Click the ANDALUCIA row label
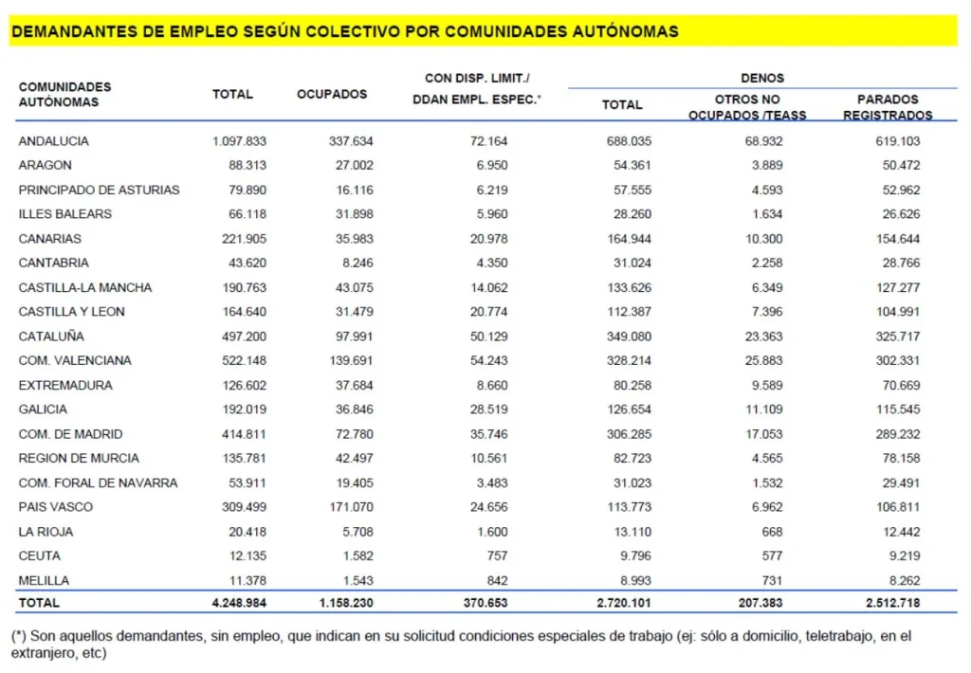click(x=54, y=141)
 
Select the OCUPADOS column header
click(x=332, y=94)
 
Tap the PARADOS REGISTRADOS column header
click(x=888, y=107)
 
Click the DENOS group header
click(x=762, y=78)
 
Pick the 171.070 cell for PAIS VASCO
click(x=349, y=507)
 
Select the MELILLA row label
click(x=45, y=580)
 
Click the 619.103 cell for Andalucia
click(x=896, y=141)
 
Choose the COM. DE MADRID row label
click(x=71, y=434)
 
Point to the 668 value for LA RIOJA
click(x=761, y=532)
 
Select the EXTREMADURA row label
click(x=65, y=386)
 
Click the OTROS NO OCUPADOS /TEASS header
click(x=747, y=107)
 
